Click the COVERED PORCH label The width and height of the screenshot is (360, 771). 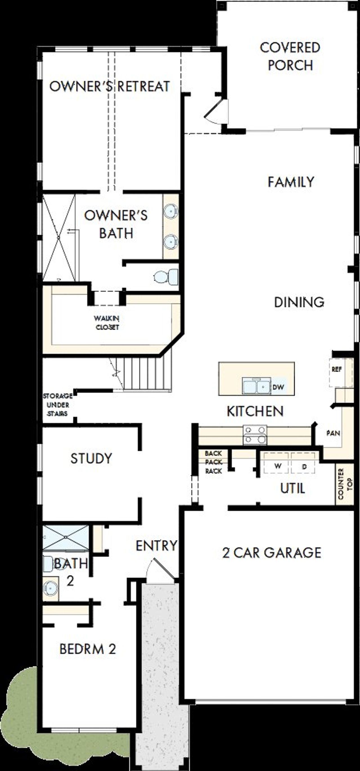click(290, 57)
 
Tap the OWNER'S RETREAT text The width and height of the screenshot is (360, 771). click(109, 87)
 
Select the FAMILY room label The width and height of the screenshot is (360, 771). click(291, 182)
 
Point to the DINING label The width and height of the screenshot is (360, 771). click(299, 302)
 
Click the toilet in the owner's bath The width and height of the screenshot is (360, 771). click(166, 277)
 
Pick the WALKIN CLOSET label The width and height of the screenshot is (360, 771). click(107, 323)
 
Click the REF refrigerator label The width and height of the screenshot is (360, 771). click(336, 369)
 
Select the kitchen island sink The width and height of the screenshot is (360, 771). click(256, 386)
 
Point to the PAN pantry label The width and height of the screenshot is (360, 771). click(333, 433)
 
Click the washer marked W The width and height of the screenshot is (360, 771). click(277, 466)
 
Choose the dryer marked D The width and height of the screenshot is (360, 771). click(303, 466)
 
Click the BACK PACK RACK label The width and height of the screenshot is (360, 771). click(213, 462)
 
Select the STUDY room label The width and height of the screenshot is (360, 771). click(91, 458)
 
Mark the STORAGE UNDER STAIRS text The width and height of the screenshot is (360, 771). click(58, 405)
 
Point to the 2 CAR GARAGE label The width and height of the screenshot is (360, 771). click(271, 553)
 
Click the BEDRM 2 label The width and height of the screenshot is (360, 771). click(87, 649)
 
